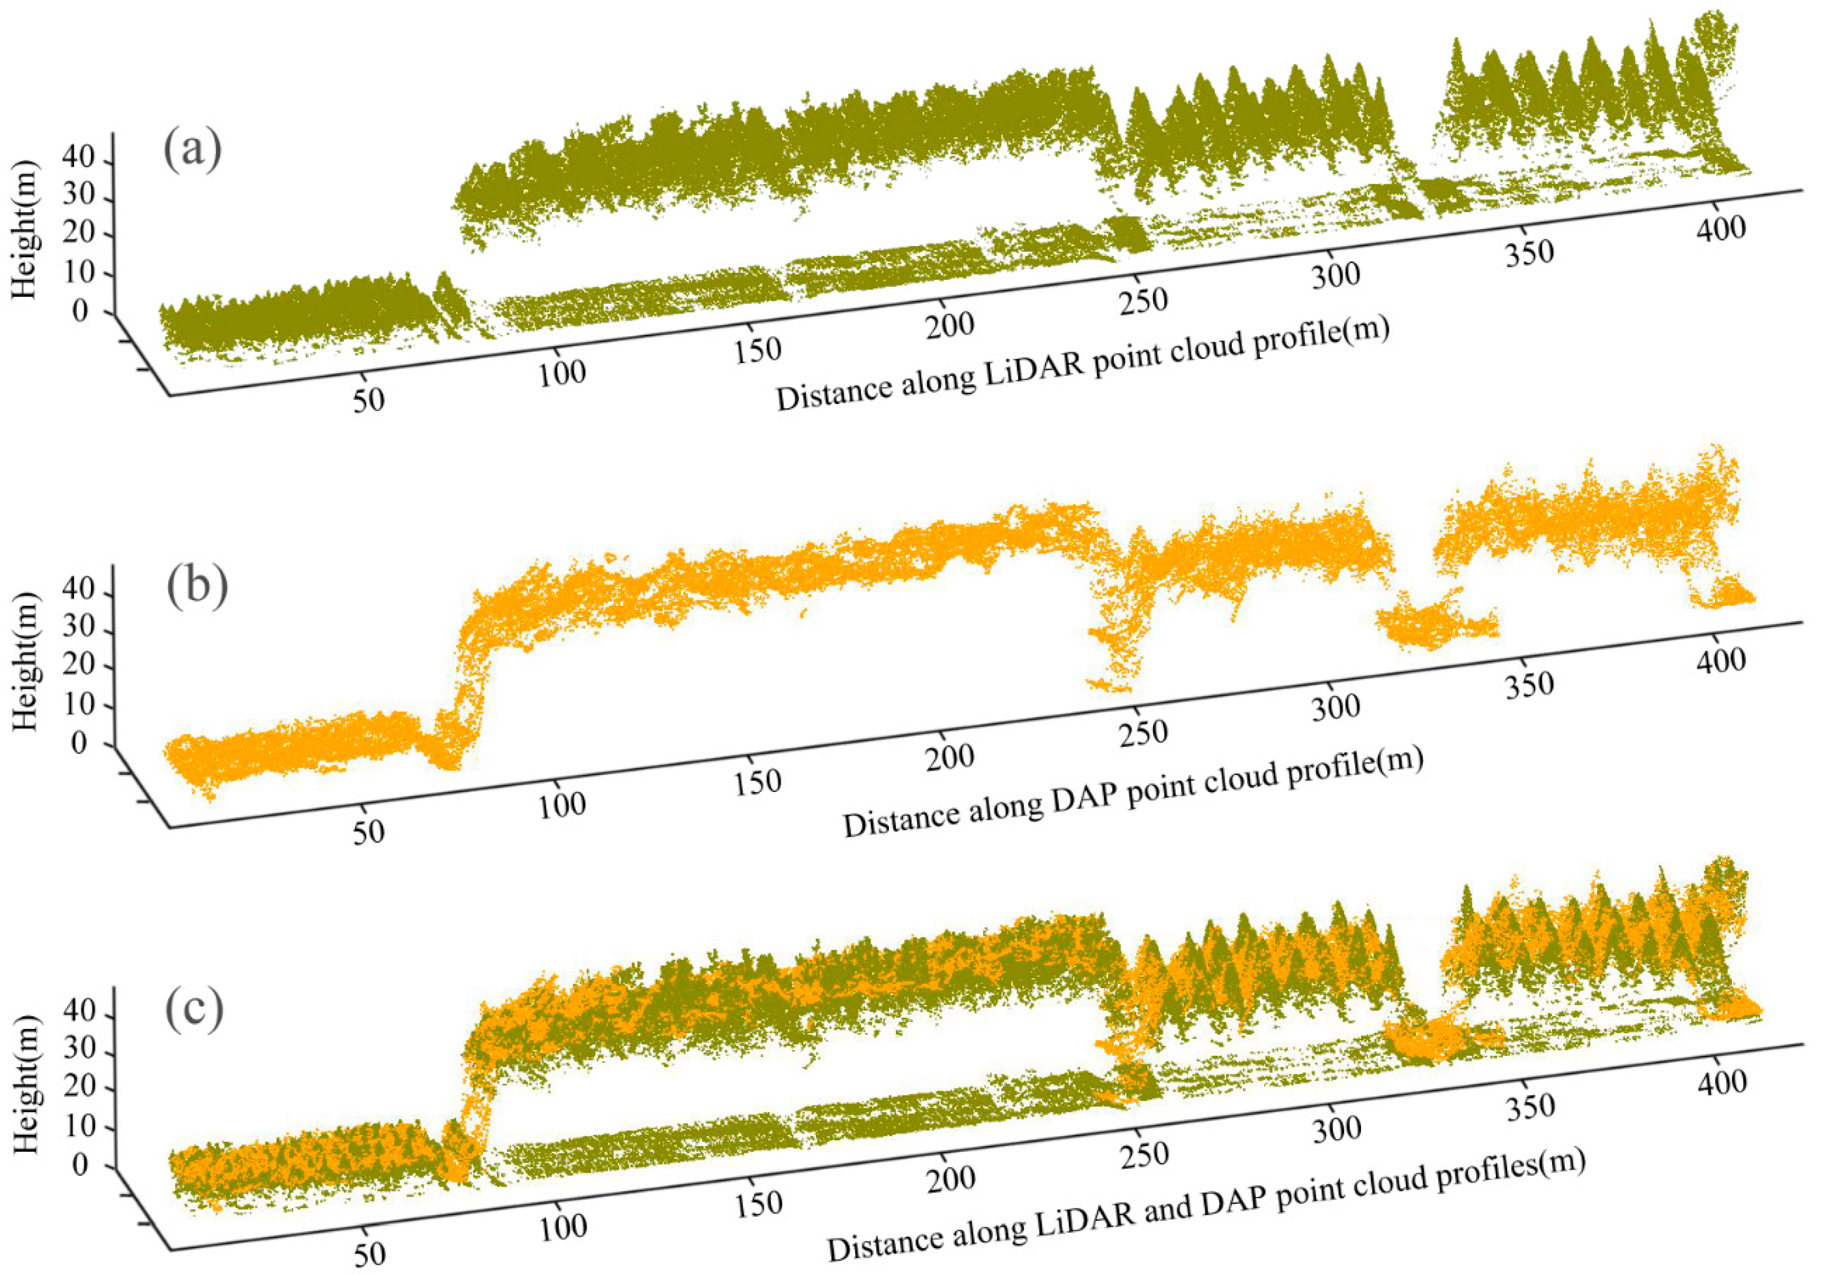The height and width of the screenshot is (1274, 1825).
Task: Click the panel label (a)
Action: (x=193, y=150)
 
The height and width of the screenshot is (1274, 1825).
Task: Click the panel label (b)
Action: (x=197, y=586)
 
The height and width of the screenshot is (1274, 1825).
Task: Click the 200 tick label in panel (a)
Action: (x=950, y=324)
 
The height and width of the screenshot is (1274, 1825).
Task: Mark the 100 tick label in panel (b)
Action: (x=562, y=805)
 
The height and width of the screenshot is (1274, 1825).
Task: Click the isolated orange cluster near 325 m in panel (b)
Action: (x=1431, y=624)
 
